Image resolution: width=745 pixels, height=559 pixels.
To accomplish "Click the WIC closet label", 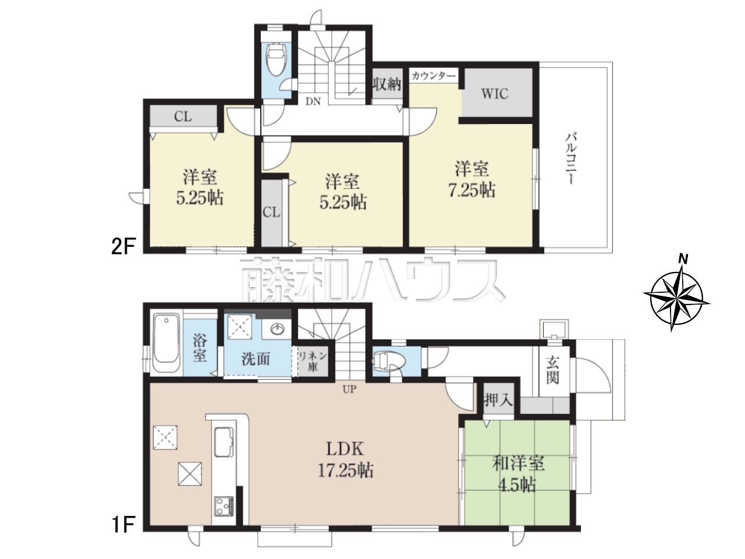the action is click(x=495, y=94).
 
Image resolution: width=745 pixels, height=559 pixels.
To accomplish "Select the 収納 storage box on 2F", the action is click(x=387, y=83).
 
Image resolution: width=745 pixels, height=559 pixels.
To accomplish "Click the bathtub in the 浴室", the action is click(x=166, y=344).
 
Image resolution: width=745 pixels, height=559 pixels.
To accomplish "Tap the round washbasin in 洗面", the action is click(x=278, y=328).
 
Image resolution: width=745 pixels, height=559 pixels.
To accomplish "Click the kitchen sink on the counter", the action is click(x=223, y=442).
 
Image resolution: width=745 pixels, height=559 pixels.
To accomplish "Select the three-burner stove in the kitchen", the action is click(x=223, y=505).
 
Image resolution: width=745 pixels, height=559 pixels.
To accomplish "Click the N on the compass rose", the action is click(x=683, y=259).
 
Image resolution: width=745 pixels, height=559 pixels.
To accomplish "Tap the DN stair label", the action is click(x=313, y=101).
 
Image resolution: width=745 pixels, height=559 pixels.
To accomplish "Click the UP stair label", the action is click(x=349, y=390).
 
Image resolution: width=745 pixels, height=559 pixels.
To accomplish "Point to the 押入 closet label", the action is click(x=498, y=401).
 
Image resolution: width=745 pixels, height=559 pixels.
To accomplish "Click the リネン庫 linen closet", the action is click(x=313, y=361).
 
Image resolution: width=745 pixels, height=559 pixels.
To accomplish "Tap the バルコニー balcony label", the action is click(x=570, y=158).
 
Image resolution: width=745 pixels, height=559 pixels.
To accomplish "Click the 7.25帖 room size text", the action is click(x=472, y=190).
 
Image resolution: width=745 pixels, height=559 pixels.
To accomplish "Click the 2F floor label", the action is click(x=123, y=246).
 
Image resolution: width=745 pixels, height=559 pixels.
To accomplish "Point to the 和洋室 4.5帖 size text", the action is click(x=517, y=486).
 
